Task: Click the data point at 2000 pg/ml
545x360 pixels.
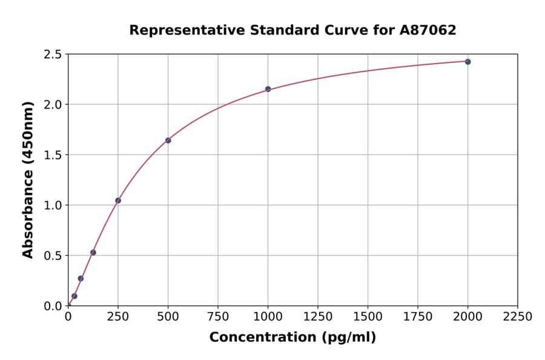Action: [467, 62]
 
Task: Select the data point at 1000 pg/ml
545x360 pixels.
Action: [268, 89]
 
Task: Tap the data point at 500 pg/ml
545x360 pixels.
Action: [168, 141]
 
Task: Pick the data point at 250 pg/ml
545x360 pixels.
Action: [118, 201]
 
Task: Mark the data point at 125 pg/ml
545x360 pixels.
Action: [93, 253]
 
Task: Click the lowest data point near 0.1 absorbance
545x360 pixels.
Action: [74, 296]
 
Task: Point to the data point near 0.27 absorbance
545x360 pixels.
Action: [81, 279]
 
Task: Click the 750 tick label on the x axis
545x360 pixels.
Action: [218, 317]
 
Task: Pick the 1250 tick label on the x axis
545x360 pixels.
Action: [318, 317]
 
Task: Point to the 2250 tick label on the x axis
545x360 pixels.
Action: [518, 317]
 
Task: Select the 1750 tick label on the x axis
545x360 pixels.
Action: [418, 317]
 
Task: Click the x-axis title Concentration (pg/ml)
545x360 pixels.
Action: [292, 338]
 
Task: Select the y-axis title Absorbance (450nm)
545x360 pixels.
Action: [28, 179]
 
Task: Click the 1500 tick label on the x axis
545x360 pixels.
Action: [368, 317]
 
